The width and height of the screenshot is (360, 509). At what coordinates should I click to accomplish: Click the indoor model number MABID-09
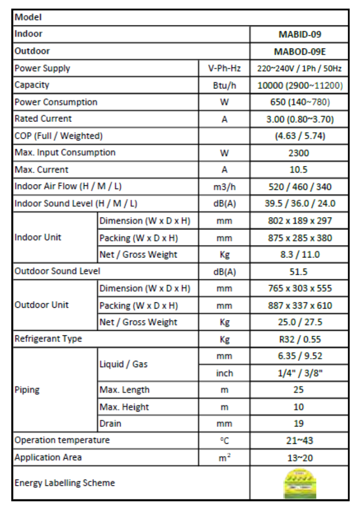(x=299, y=34)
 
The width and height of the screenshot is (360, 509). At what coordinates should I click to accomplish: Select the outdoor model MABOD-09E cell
(x=299, y=51)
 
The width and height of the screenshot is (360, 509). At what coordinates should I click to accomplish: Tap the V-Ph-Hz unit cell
(x=224, y=68)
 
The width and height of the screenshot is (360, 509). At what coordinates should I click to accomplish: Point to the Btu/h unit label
(x=224, y=85)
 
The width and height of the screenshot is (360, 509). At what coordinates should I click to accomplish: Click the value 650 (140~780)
(x=299, y=102)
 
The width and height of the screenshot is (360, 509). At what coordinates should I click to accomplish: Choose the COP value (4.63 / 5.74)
(x=299, y=136)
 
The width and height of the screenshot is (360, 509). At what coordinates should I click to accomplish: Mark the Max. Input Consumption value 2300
(x=299, y=153)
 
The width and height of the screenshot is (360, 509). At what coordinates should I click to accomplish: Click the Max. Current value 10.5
(x=299, y=170)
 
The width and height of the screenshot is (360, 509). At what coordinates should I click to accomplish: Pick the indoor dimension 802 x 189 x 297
(x=299, y=221)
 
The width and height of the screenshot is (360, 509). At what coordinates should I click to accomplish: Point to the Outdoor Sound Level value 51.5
(x=299, y=271)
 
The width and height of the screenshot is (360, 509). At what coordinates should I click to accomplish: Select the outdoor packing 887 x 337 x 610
(x=299, y=305)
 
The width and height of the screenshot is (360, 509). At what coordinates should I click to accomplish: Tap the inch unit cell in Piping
(x=224, y=373)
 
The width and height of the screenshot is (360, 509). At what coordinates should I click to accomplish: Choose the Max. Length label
(x=124, y=390)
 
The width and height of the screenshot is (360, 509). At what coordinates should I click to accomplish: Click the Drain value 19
(x=299, y=424)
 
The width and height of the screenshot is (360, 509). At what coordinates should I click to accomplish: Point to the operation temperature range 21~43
(x=299, y=440)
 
